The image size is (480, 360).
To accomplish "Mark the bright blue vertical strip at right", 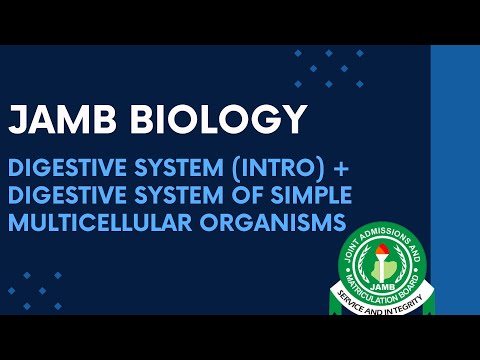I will (x=455, y=180).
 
